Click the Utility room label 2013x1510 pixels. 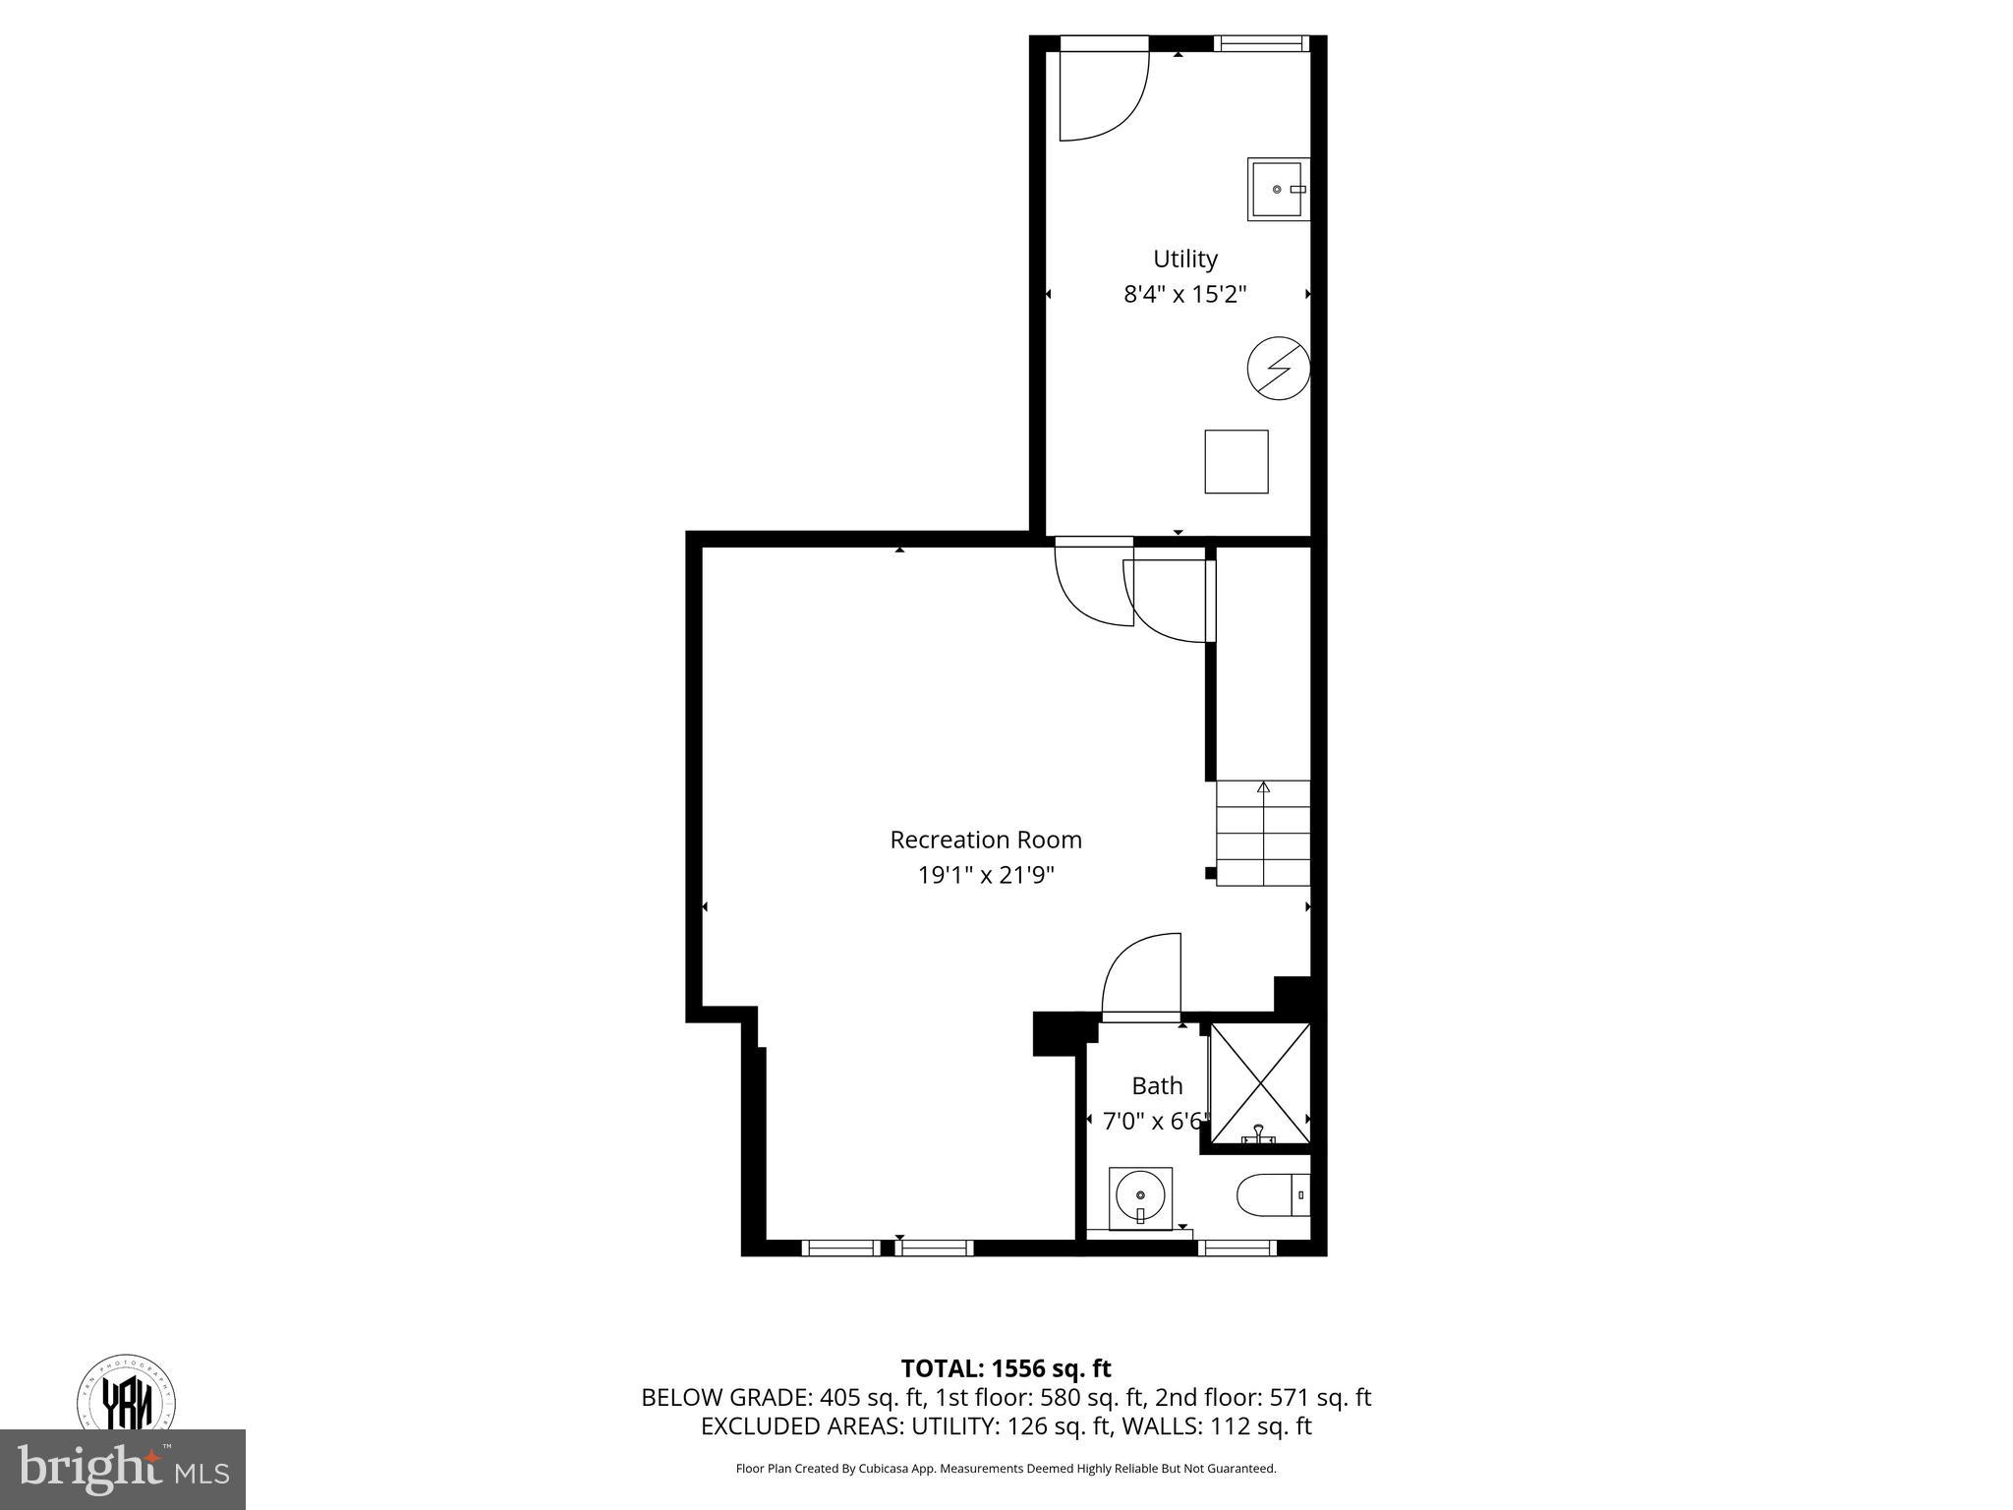1184,259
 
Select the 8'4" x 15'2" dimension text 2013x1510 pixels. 1184,294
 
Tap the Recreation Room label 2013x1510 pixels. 985,840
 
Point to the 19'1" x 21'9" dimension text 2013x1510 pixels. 985,875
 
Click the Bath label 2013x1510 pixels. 1157,1085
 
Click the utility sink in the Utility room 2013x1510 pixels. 1277,189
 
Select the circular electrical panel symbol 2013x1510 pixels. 1278,369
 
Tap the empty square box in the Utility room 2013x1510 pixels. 1237,461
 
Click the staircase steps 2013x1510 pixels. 1263,834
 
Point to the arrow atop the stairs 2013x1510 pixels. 1263,787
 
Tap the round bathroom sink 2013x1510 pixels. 1140,1197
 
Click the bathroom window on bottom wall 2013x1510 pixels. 1237,1249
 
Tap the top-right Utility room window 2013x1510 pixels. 1260,43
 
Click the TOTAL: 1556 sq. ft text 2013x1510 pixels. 1006,1367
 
